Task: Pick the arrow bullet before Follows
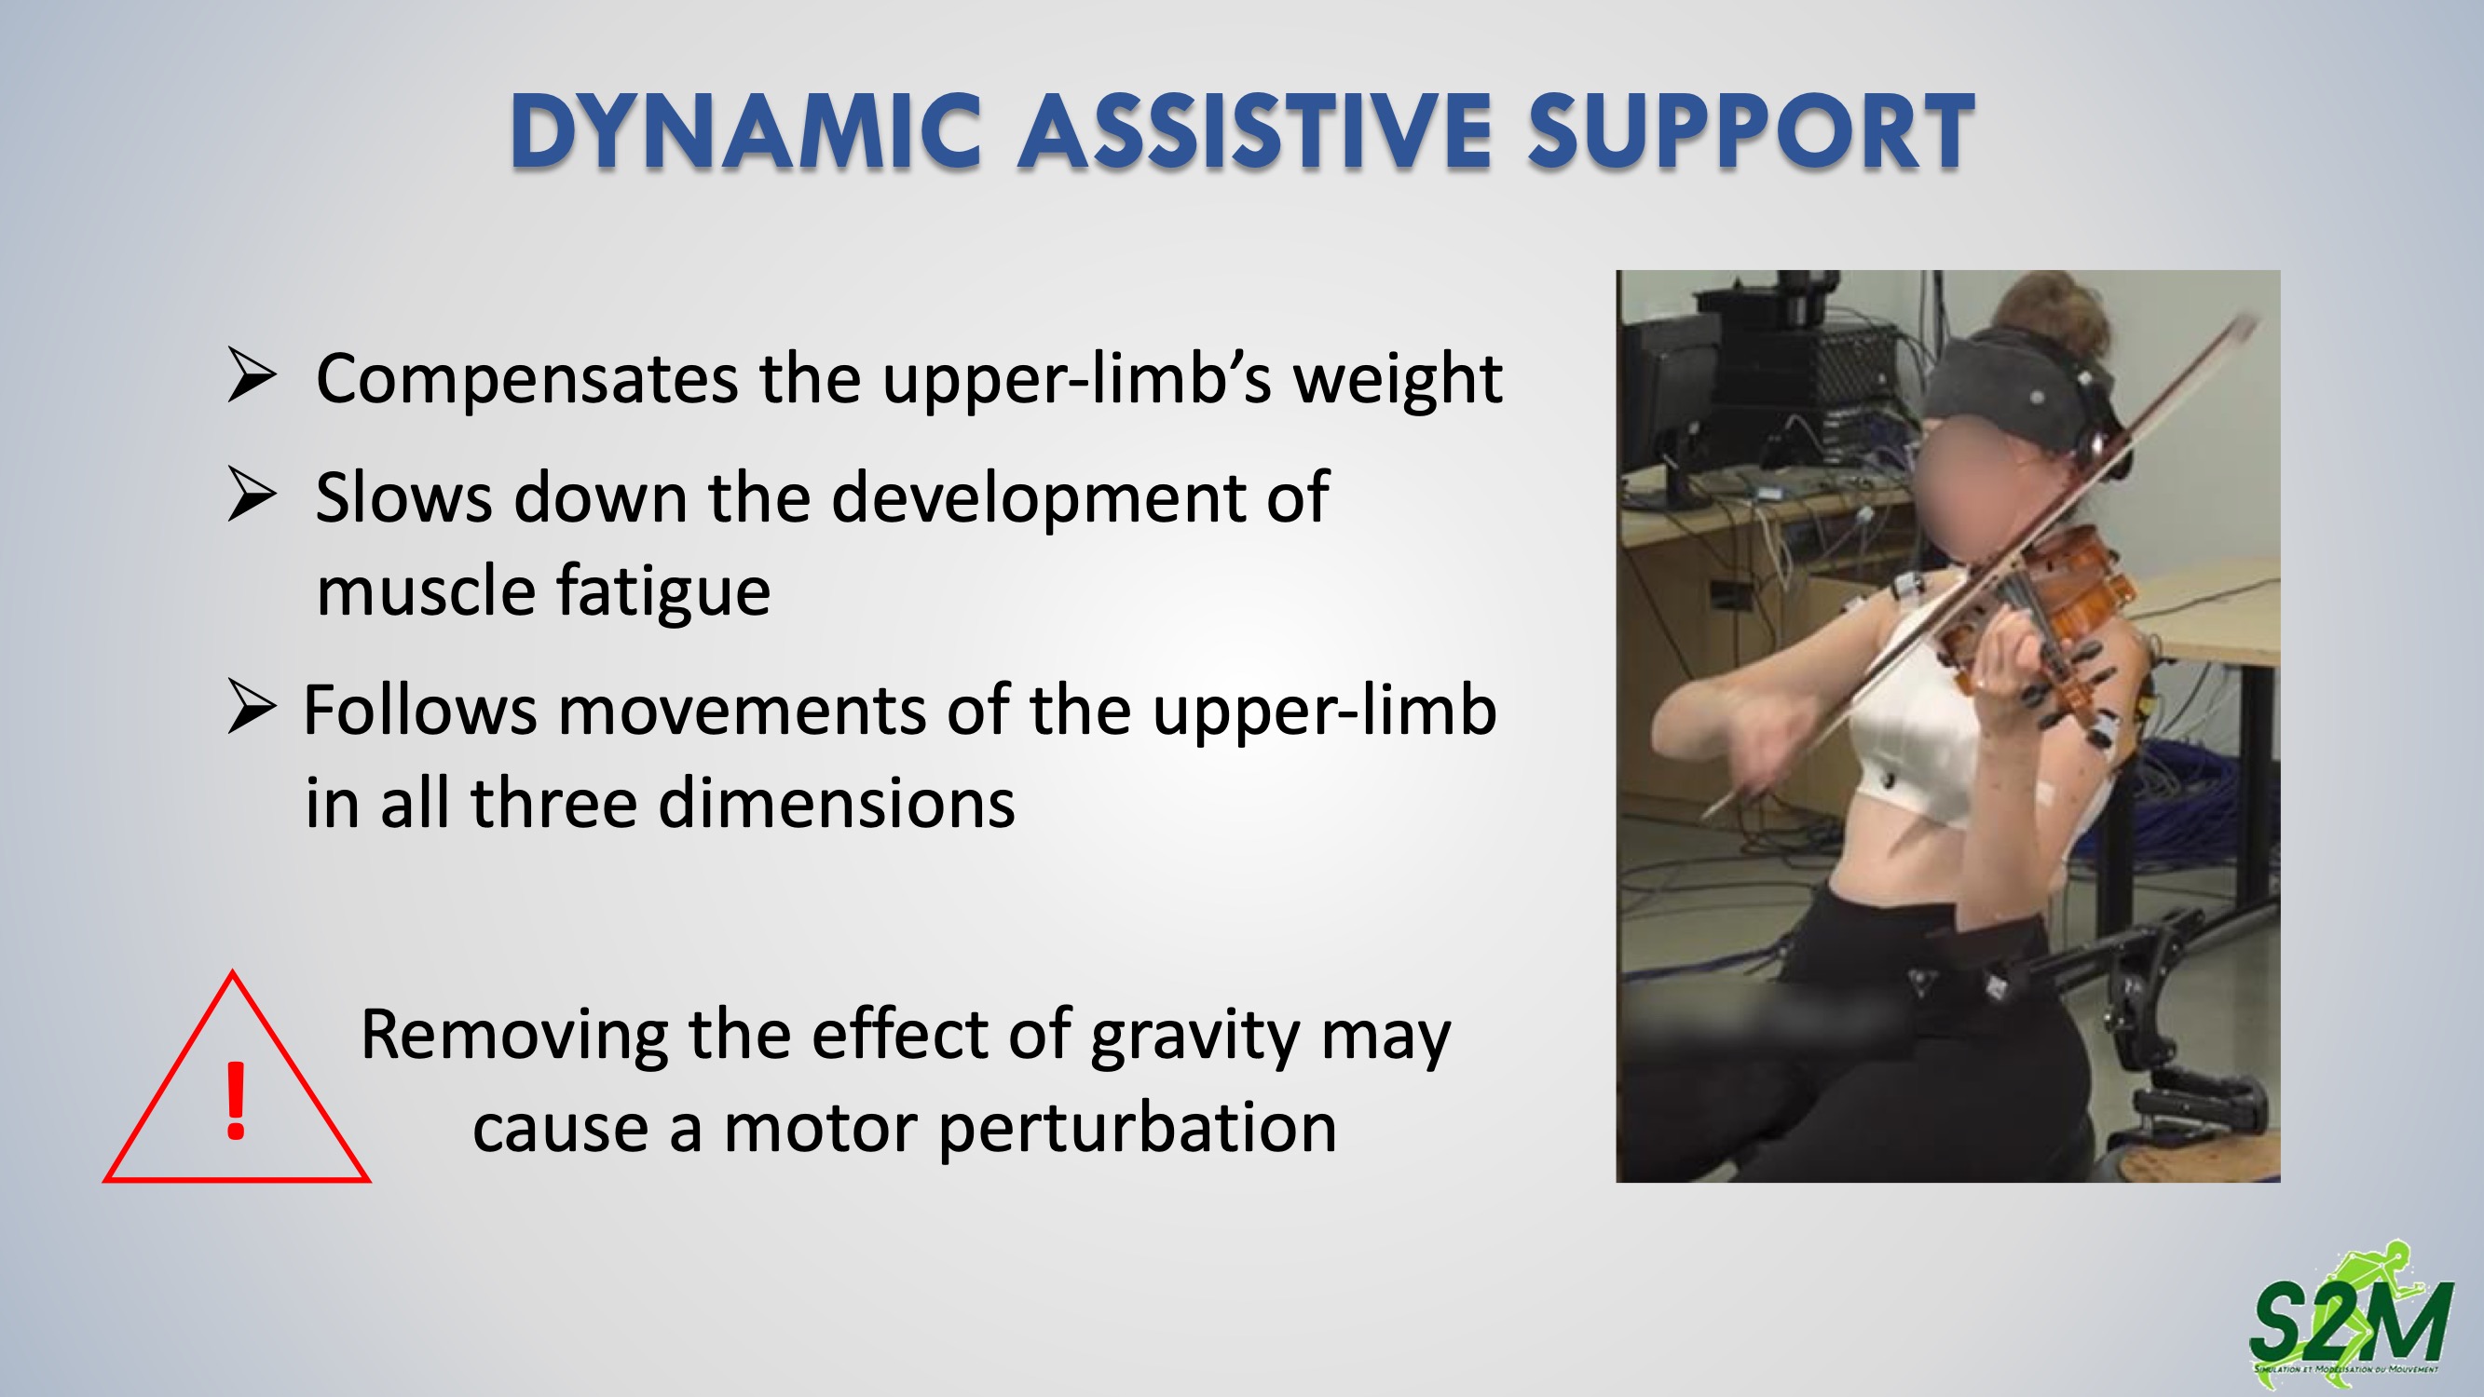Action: [x=252, y=706]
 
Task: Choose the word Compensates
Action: [x=527, y=380]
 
